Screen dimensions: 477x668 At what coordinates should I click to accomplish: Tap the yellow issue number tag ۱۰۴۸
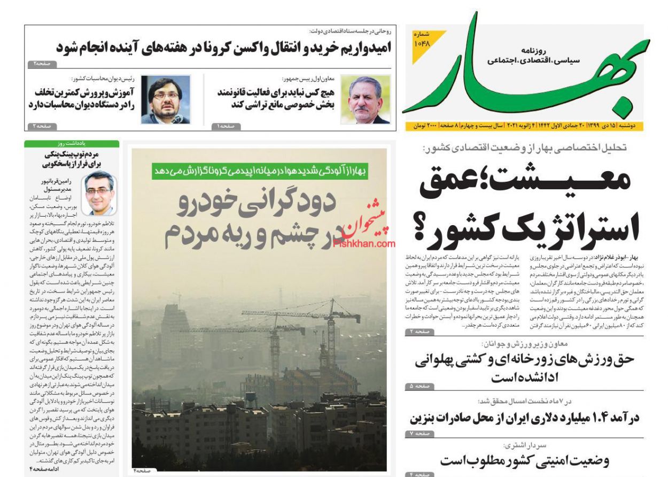422,40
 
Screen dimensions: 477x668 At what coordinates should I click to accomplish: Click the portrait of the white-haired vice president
366,99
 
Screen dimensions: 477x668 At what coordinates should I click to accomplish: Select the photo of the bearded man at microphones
166,99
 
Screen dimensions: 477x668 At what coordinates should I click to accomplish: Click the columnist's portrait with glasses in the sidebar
99,193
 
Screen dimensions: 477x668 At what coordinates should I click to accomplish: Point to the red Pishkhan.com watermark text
364,243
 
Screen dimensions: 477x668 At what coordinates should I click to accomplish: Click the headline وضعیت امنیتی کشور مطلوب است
524,460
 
